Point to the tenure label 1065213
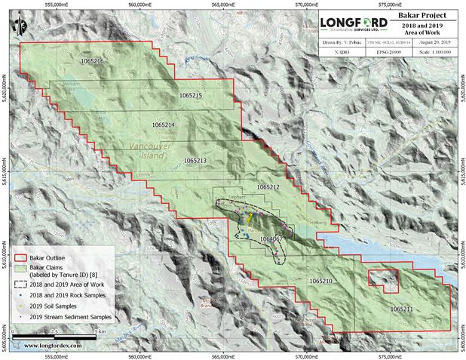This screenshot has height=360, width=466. pyautogui.click(x=195, y=161)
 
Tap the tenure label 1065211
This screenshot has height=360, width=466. pyautogui.click(x=402, y=309)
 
